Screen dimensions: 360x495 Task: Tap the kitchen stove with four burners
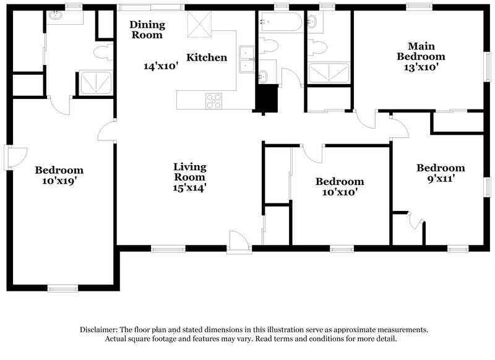(213, 100)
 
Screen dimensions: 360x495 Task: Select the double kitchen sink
(248, 58)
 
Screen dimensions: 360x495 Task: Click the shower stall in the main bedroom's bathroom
(329, 72)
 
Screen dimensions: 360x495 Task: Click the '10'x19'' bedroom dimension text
(59, 182)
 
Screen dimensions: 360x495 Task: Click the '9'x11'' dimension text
(440, 179)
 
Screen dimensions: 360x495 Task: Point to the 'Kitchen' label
(207, 58)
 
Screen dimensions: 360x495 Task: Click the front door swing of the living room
(238, 241)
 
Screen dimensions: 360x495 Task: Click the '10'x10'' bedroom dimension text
(340, 193)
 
